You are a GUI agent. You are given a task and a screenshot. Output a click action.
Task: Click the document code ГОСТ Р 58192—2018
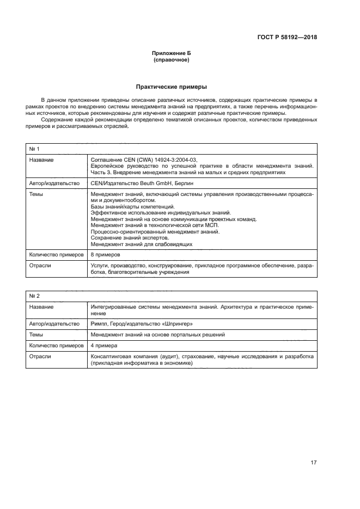coord(287,38)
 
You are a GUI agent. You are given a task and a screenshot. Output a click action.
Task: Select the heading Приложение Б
coord(171,53)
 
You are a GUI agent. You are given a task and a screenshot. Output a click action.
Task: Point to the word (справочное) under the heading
coord(171,60)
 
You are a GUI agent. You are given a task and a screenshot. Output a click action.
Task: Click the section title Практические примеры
coord(171,87)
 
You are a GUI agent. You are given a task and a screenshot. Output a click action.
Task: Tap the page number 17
coord(313,463)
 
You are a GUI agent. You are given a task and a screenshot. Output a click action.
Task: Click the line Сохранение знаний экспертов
coord(130,238)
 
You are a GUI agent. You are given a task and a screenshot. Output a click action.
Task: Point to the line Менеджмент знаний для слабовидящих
coord(141,244)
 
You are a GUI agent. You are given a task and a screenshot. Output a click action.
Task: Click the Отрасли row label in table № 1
coord(40,265)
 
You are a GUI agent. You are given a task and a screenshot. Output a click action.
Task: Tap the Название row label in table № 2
coord(41,307)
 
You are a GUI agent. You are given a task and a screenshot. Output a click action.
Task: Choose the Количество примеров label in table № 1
coord(56,255)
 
